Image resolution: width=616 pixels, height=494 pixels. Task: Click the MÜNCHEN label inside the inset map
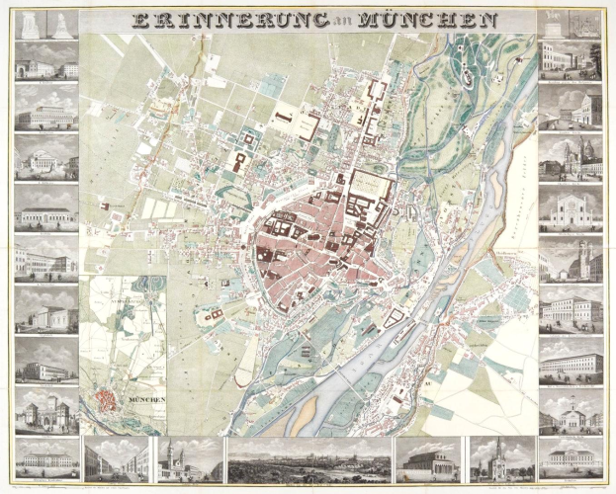tap(144, 398)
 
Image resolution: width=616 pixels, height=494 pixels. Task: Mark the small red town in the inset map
tap(108, 399)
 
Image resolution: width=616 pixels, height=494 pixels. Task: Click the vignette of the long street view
tap(117, 458)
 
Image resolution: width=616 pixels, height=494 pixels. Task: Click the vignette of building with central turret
tap(571, 409)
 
